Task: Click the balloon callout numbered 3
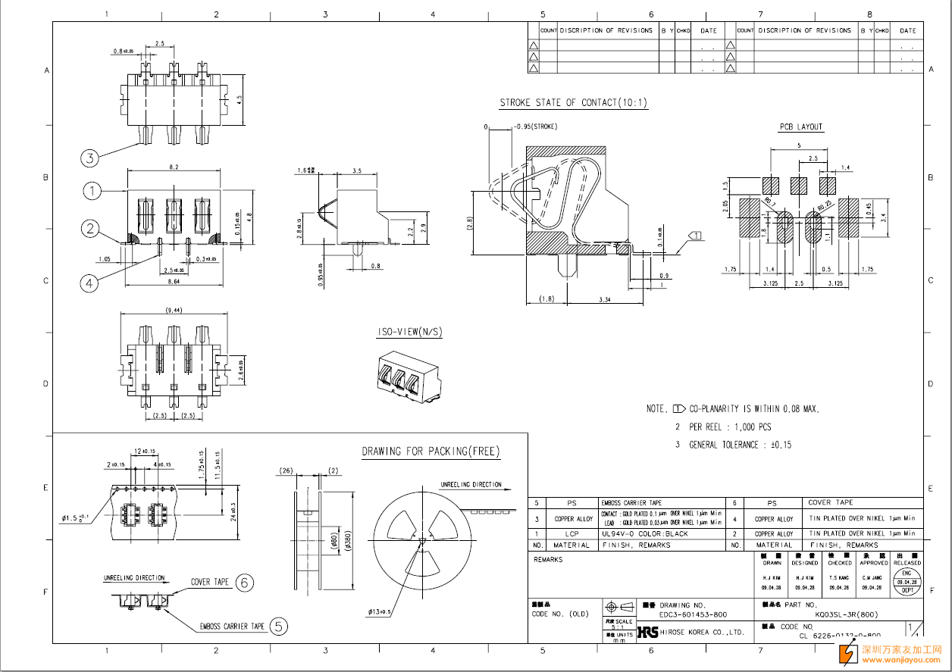click(x=90, y=158)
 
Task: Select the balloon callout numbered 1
click(x=92, y=191)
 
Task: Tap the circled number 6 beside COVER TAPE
click(x=244, y=582)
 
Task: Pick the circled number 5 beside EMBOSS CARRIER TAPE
click(x=280, y=626)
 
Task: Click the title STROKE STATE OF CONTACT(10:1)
click(x=574, y=103)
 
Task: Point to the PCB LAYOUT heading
click(x=801, y=127)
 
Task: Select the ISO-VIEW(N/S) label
click(x=410, y=333)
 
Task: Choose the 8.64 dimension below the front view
click(x=174, y=282)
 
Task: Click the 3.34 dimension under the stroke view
click(x=605, y=300)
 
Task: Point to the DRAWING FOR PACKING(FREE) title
click(x=431, y=452)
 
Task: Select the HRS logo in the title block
click(x=647, y=631)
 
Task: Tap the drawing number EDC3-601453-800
click(x=694, y=614)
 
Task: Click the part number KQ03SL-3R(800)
click(x=847, y=614)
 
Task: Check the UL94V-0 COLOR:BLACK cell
click(x=645, y=533)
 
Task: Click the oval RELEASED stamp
click(x=907, y=582)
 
